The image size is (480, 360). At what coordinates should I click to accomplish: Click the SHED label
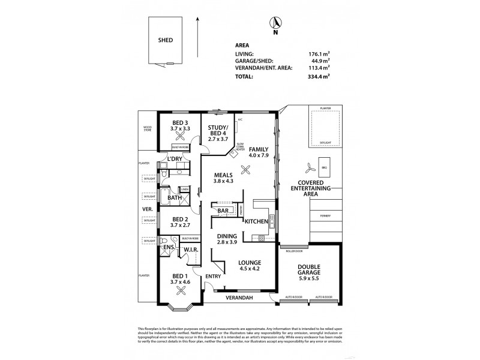pos(166,40)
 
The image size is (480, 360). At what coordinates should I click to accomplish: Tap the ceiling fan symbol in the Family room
pos(244,169)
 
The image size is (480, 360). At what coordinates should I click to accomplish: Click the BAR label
pos(224,211)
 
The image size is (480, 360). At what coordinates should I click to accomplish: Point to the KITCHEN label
pos(256,221)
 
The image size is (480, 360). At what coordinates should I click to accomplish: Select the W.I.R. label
pos(192,250)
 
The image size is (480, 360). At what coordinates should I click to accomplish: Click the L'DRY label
pos(175,159)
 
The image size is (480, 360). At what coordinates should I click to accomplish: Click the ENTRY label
pos(214,276)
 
